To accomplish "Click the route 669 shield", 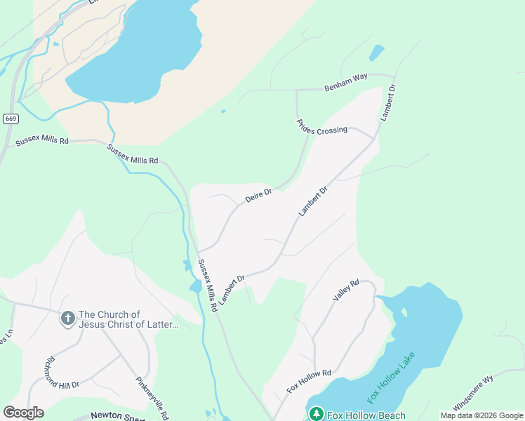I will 11,119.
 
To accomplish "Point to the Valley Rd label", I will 346,290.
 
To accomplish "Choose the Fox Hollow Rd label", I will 309,381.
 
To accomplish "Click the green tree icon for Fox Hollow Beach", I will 316,414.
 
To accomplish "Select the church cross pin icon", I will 68,319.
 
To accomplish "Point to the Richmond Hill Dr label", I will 62,375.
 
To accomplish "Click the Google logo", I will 23,413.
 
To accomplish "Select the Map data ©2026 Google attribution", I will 481,415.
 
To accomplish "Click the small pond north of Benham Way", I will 377,53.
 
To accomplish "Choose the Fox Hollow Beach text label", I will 366,415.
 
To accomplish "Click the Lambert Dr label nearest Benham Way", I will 388,103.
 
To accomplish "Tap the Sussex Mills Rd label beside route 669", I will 42,142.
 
